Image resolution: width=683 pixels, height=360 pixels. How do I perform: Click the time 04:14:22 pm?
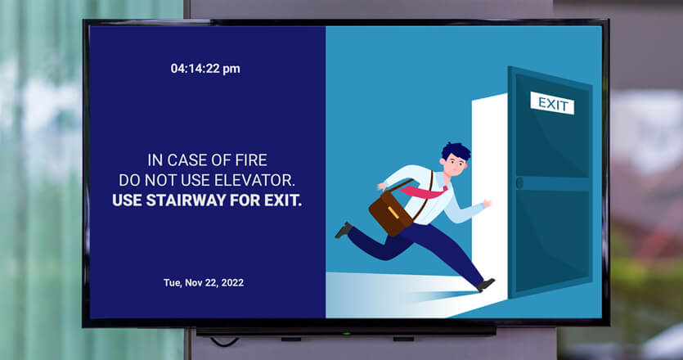tap(205, 69)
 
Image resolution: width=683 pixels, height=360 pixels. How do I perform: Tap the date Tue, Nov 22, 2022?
tap(204, 283)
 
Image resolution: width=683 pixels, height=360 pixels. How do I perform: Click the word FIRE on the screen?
tap(251, 160)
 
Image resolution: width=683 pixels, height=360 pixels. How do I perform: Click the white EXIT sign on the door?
tap(552, 103)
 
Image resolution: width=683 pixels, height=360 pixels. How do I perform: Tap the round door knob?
tap(519, 182)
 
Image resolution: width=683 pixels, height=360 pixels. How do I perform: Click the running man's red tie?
tap(425, 191)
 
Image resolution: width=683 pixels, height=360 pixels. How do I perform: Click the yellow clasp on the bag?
tap(393, 212)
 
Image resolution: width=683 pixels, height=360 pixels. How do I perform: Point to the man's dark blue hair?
tap(456, 151)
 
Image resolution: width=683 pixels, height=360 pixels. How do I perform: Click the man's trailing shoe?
tap(344, 230)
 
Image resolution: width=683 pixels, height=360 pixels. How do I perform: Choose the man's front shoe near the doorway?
tap(485, 285)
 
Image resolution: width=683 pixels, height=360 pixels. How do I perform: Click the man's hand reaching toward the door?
tap(487, 203)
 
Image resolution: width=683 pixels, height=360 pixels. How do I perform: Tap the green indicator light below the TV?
tap(346, 334)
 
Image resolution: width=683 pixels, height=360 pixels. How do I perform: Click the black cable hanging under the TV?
tap(224, 342)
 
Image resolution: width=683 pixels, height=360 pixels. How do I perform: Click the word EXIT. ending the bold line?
tap(283, 200)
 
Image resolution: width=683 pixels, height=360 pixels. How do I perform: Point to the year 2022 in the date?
tap(232, 283)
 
